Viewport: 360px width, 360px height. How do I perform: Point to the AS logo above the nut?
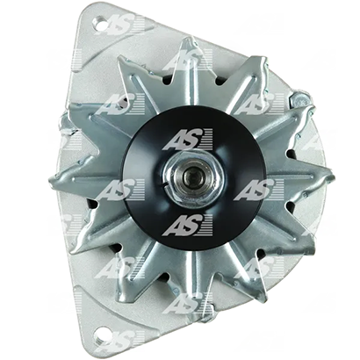[x=187, y=140]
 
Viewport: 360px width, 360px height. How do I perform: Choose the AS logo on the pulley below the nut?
[x=187, y=225]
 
